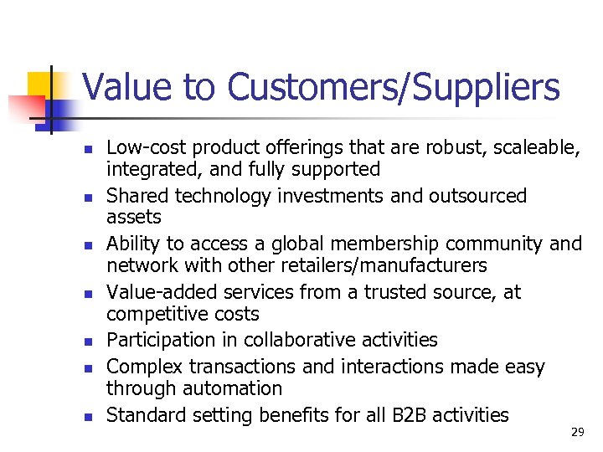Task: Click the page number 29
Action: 577,432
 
